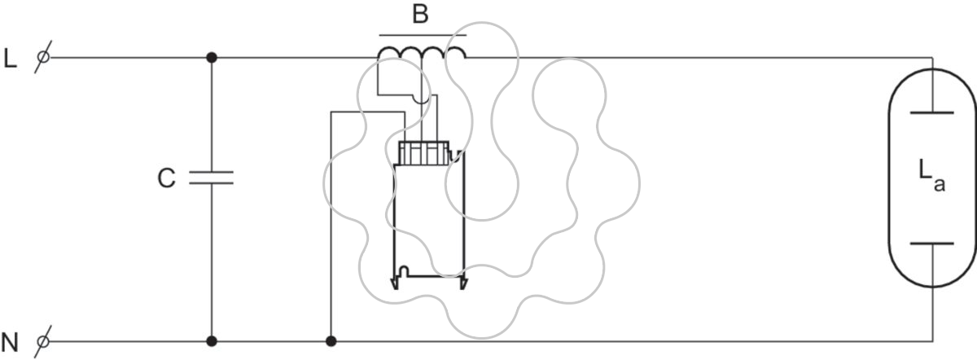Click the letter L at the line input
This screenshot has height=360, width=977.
coord(10,59)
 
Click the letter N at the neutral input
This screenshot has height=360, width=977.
coord(10,343)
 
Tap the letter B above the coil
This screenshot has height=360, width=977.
coord(420,14)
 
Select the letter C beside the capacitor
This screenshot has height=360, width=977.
coord(166,178)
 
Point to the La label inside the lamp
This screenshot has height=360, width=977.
coord(931,175)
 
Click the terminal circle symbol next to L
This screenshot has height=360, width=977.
coord(43,57)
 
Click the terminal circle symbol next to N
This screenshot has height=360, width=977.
coord(43,341)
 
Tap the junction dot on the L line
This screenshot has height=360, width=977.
coord(212,57)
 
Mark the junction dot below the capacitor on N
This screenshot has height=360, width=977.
coord(212,341)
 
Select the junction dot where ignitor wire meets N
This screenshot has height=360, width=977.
coord(331,341)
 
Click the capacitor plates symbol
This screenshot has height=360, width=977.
coord(212,178)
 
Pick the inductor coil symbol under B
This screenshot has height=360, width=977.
coord(422,53)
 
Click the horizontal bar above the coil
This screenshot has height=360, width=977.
coord(423,35)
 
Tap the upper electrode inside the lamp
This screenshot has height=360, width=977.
coord(931,112)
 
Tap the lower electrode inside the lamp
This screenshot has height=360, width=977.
coord(931,244)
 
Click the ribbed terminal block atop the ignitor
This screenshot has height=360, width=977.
coord(424,153)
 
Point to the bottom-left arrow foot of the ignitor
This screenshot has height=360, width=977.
coord(395,283)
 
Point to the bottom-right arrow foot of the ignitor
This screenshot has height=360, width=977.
coord(463,283)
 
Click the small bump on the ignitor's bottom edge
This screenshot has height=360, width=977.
coord(404,270)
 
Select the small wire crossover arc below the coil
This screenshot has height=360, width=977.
coord(422,100)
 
